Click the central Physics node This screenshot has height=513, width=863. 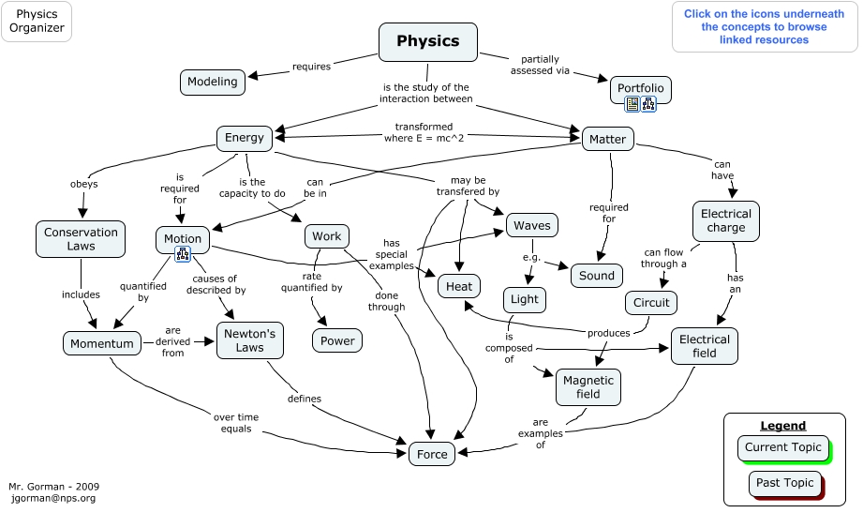[427, 41]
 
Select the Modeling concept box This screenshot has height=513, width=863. [213, 82]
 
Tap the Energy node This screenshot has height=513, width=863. [245, 138]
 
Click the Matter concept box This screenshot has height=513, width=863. [607, 140]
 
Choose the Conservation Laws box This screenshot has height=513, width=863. [81, 239]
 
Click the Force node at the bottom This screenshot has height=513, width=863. [432, 454]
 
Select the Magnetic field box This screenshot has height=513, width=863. [588, 387]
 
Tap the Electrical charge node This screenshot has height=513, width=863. [725, 220]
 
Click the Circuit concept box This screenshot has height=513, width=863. [651, 303]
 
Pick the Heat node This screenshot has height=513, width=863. [459, 286]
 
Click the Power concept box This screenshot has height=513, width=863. [337, 340]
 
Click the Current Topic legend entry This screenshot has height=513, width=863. [782, 447]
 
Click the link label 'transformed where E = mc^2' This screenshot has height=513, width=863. [424, 132]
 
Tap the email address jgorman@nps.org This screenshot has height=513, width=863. [52, 499]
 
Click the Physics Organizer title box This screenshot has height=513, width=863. [37, 22]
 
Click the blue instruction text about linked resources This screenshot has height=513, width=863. [764, 27]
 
